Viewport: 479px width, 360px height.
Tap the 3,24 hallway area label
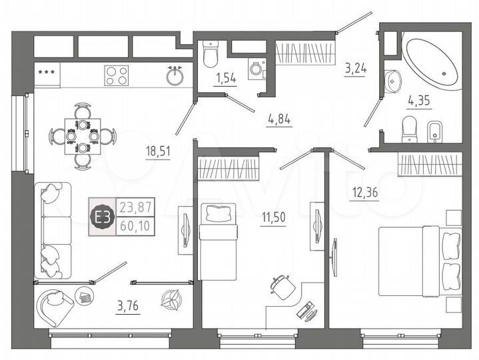355,69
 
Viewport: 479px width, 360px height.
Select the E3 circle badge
103,217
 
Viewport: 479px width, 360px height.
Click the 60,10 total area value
135,225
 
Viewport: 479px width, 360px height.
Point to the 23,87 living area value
135,207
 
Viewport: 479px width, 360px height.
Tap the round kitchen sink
177,75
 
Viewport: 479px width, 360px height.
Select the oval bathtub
431,63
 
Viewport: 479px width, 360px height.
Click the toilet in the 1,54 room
211,56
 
